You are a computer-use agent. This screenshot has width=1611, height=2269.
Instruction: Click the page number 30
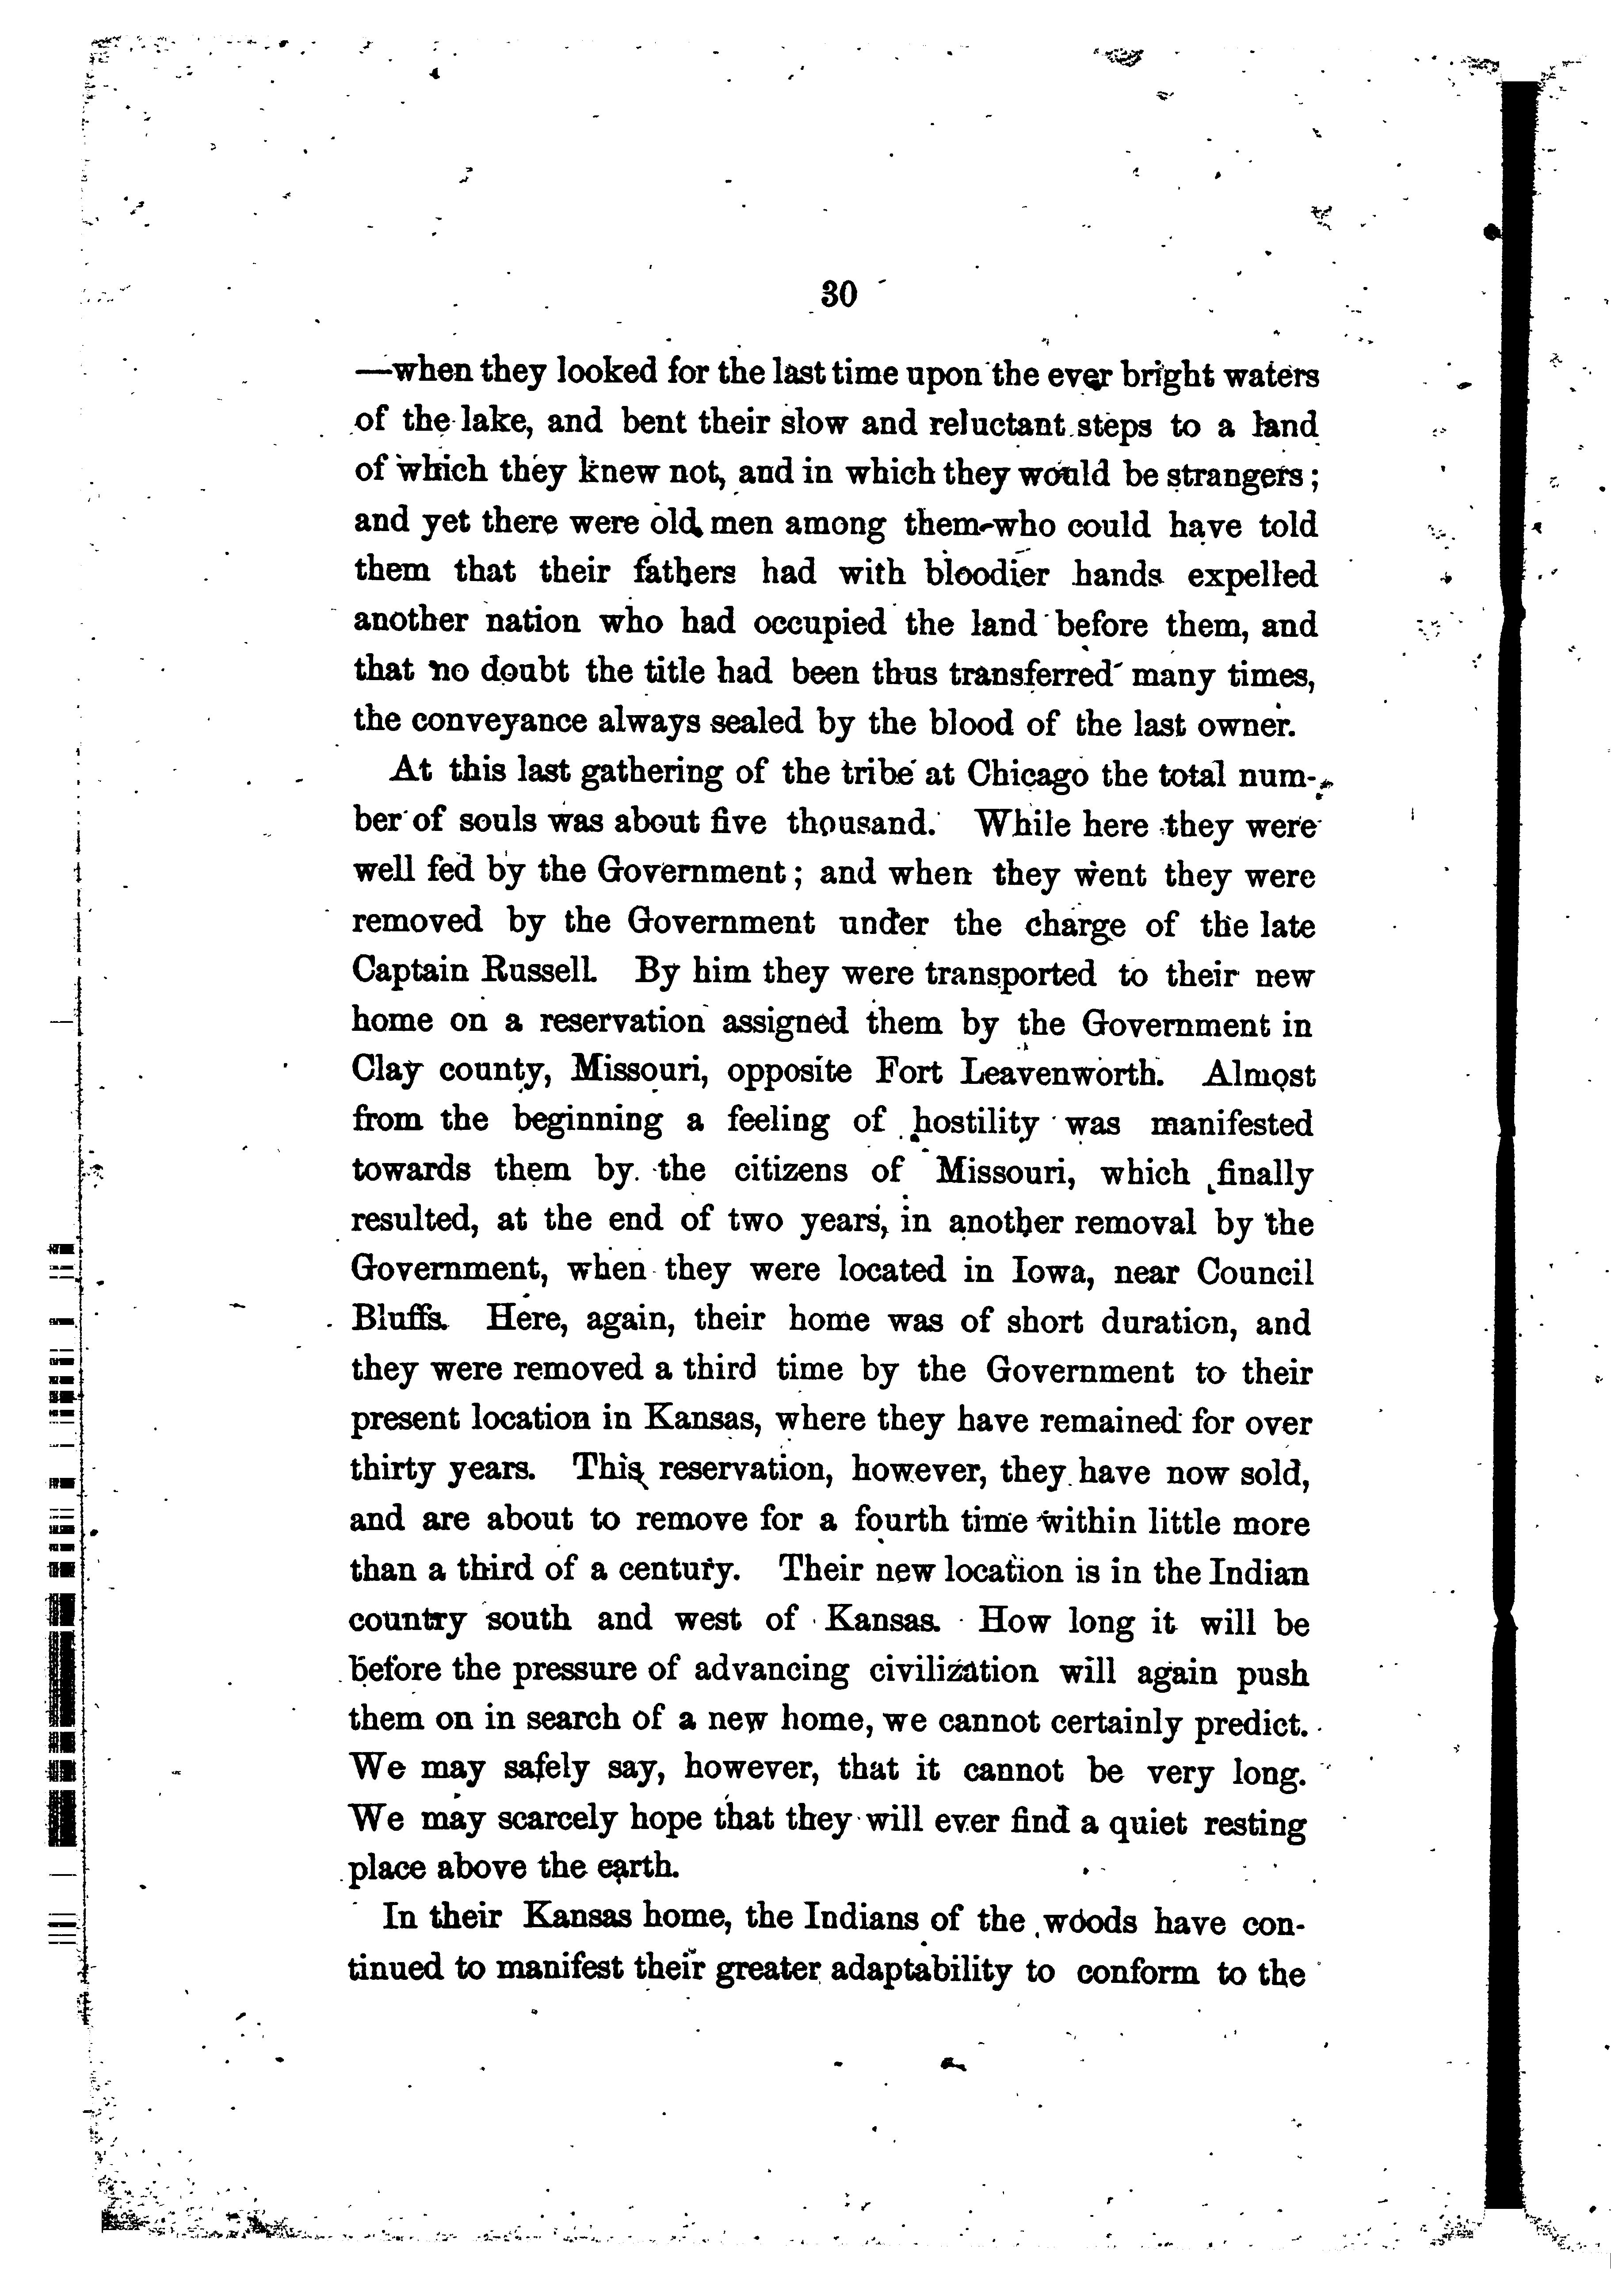[x=838, y=296]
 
